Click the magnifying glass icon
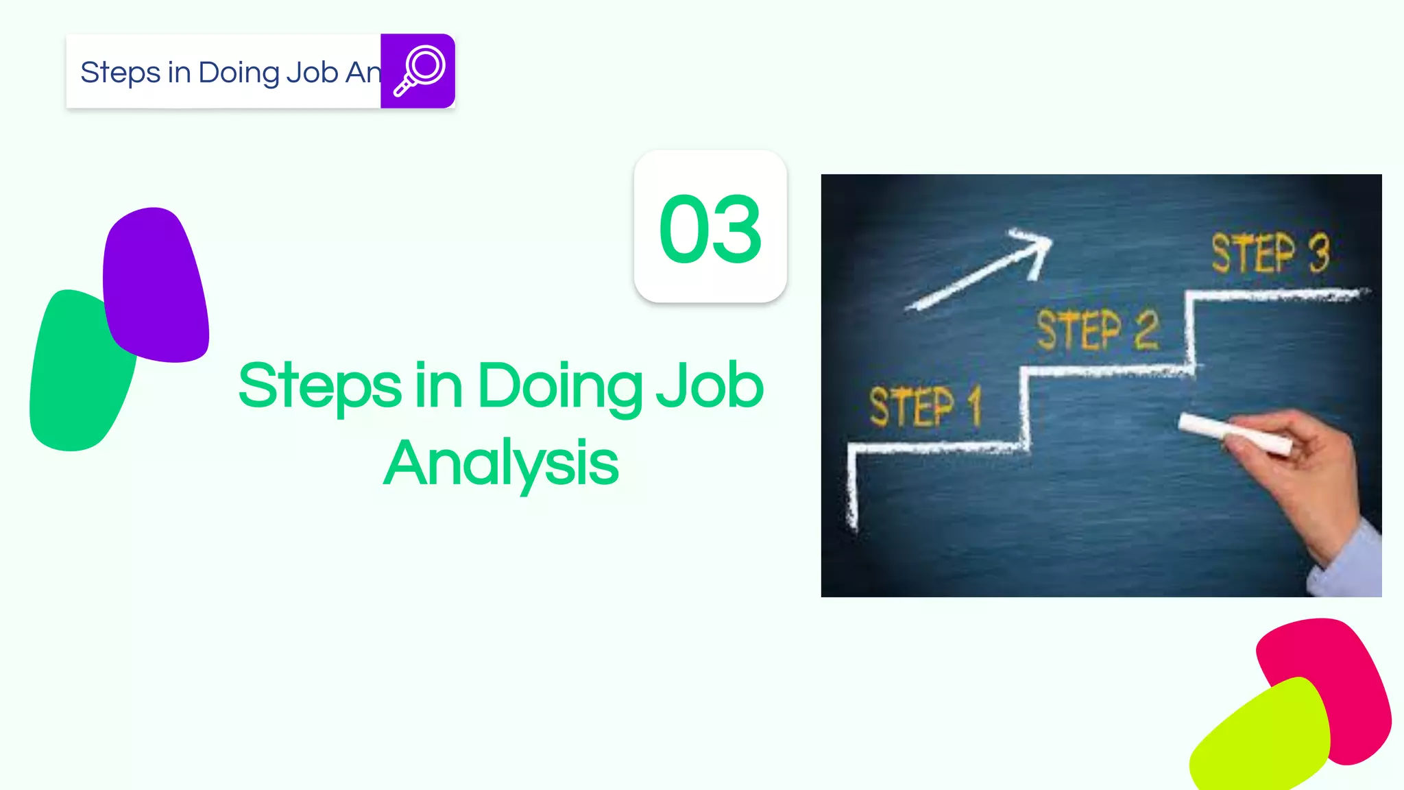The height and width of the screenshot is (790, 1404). pos(419,71)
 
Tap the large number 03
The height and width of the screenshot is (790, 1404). pos(710,228)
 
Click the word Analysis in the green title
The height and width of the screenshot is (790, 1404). pos(501,464)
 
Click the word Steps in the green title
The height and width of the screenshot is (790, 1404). pos(319,386)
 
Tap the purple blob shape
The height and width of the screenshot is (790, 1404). pos(156,285)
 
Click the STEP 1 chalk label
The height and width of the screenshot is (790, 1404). pos(925,406)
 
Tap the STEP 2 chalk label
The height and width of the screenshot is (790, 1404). pos(1097,330)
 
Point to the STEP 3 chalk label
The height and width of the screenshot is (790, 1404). pos(1270,253)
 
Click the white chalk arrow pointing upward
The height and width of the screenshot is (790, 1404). pos(980,269)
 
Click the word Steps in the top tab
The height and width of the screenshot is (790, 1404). pos(120,73)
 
